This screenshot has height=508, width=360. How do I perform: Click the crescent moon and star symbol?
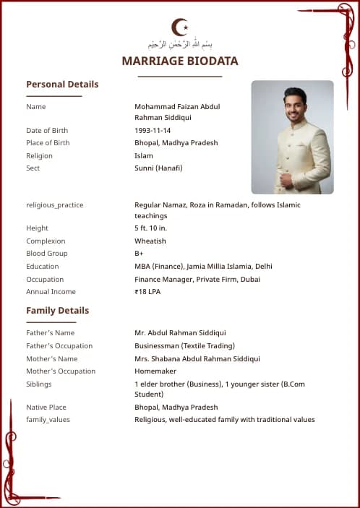point(180,27)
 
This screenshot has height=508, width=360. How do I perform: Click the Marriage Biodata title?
point(180,61)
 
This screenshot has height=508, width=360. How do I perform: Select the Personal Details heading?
point(62,85)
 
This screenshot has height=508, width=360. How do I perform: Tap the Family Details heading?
point(58,311)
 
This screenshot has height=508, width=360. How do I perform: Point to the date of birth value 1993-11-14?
point(153,131)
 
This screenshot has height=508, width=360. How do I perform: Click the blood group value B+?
point(139,254)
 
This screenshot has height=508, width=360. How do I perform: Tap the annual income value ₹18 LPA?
point(147,292)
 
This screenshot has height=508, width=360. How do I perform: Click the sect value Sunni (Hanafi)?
point(158,168)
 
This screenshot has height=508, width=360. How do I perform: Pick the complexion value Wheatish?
point(150,241)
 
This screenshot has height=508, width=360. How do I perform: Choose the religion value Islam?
point(144,155)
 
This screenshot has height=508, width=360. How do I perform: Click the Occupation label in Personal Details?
point(45,280)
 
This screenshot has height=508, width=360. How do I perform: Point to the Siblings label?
point(39,384)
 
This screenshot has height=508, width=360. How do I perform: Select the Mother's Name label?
point(52,358)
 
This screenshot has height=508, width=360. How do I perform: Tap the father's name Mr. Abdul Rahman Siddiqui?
point(180,333)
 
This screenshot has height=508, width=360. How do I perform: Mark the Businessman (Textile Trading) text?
point(184,346)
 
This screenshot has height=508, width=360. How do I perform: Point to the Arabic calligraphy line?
point(180,45)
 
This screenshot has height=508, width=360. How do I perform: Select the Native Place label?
point(46,408)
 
